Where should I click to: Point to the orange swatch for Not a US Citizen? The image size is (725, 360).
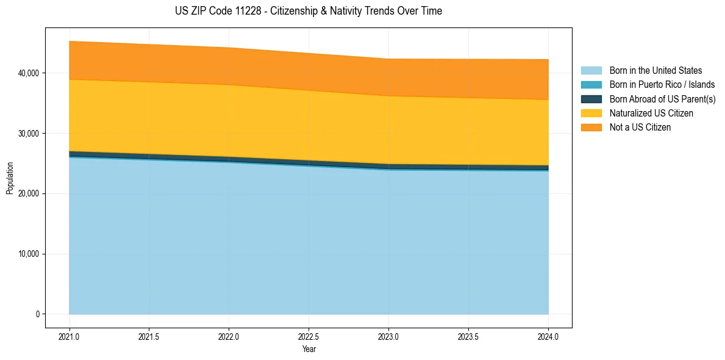coord(591,128)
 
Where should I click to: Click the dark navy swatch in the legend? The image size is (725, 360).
coord(591,99)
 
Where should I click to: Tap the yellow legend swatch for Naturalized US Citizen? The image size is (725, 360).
coord(591,113)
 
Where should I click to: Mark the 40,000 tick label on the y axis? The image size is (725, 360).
coord(28,73)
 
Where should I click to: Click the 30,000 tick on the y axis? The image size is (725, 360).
coord(28,134)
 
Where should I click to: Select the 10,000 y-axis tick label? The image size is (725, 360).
coord(28,254)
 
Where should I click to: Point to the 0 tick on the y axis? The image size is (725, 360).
coord(37,315)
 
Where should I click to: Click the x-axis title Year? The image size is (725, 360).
coord(309,350)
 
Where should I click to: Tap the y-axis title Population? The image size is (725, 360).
coord(10,178)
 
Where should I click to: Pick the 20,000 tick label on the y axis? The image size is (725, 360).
coord(28,194)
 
